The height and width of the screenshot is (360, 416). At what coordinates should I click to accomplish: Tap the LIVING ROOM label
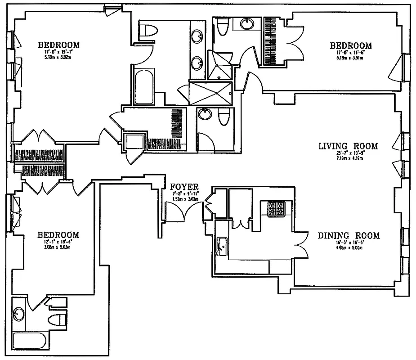(x=348, y=146)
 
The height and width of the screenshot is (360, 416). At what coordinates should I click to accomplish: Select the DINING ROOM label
(x=349, y=235)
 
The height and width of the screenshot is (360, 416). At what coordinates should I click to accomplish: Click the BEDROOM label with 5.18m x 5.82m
(x=58, y=45)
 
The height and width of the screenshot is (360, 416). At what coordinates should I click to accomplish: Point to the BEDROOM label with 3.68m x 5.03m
(x=58, y=235)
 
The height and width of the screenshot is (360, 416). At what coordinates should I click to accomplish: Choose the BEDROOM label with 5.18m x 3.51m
(x=351, y=45)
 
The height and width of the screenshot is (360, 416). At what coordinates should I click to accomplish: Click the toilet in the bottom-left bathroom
(x=56, y=320)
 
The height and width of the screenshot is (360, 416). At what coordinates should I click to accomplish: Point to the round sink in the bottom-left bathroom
(x=19, y=314)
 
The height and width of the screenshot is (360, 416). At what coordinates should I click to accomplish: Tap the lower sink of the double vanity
(x=198, y=62)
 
